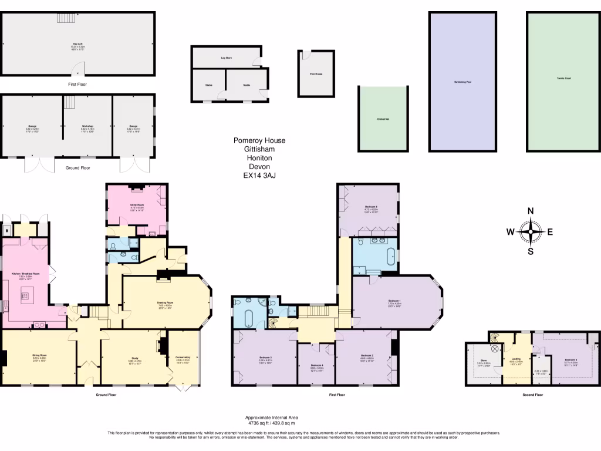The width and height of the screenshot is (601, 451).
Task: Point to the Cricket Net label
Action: [x=384, y=119]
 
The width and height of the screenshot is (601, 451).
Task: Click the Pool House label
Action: [x=316, y=74]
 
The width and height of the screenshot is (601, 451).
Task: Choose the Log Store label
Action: [x=227, y=58]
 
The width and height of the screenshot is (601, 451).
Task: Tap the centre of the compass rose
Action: [x=531, y=232]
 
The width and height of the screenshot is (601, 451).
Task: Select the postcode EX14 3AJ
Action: [x=259, y=175]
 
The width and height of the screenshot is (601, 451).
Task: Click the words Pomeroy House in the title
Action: [x=259, y=140]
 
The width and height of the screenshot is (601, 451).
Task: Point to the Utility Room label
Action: [x=137, y=205]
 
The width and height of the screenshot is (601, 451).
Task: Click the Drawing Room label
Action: [x=165, y=303]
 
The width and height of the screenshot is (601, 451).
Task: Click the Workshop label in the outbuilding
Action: [x=87, y=126]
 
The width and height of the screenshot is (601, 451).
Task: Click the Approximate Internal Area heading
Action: [x=270, y=418]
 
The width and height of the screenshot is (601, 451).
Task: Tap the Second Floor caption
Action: [x=532, y=395]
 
